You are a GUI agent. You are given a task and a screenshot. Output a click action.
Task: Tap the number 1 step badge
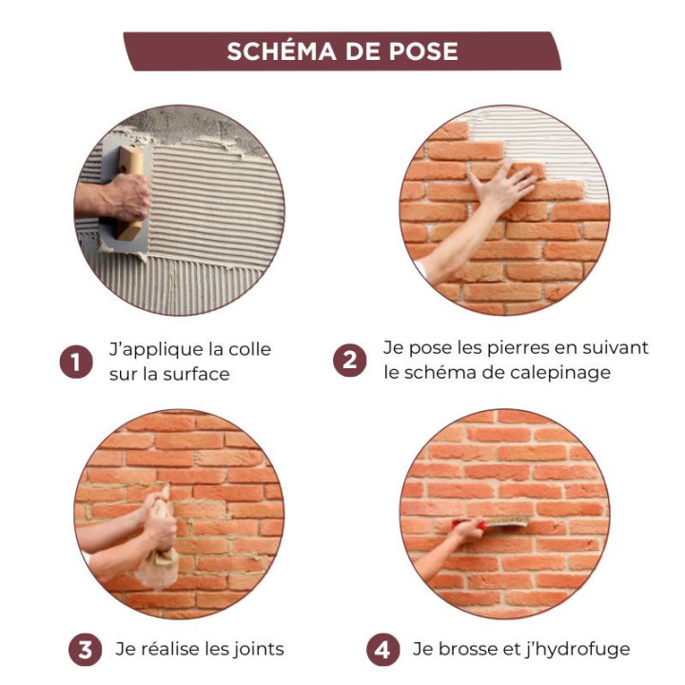(76, 362)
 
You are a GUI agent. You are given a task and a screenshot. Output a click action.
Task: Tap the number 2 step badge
(350, 361)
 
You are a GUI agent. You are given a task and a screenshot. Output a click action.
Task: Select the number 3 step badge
(85, 650)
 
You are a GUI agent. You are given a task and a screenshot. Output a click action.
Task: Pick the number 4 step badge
(382, 650)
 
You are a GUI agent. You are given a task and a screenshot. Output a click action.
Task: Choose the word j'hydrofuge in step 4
(576, 650)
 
